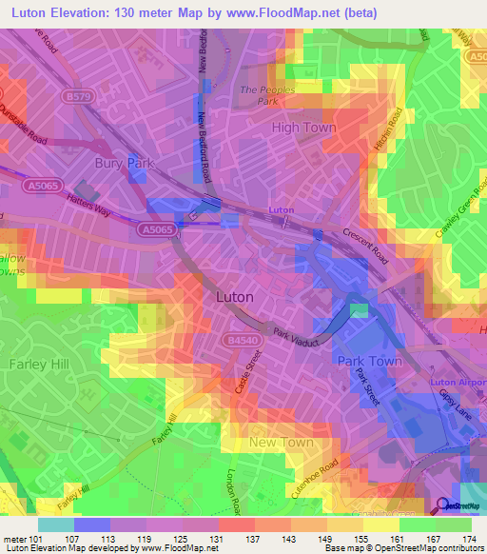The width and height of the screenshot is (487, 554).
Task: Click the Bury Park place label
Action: click(124, 163)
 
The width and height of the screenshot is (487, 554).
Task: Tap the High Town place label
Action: click(303, 127)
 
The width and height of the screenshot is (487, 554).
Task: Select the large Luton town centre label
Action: click(235, 296)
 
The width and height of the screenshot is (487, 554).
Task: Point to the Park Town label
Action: click(369, 361)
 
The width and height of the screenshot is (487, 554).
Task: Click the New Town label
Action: click(281, 443)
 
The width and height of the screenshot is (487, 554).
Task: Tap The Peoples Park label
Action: click(263, 93)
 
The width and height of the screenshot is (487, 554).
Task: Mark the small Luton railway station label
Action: click(282, 208)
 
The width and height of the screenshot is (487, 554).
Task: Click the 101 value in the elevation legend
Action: click(35, 540)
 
